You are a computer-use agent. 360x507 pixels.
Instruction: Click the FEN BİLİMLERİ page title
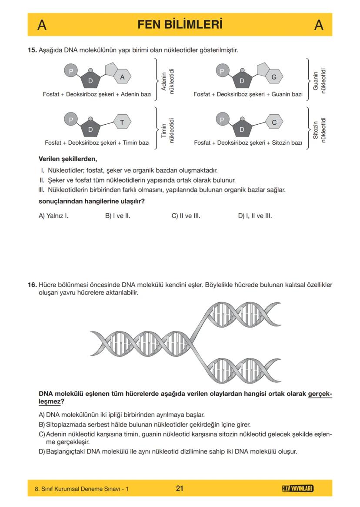(x=180, y=24)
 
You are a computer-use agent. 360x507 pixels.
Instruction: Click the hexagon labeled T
(x=122, y=123)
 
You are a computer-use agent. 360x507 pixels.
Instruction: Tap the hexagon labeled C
(x=274, y=123)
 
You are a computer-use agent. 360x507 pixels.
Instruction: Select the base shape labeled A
(x=122, y=77)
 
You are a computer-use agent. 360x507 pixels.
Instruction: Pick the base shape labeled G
(x=274, y=77)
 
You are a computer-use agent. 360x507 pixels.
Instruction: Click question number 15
(x=33, y=50)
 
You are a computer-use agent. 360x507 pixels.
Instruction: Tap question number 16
(x=33, y=285)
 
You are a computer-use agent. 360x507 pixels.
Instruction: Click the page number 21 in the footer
(x=180, y=489)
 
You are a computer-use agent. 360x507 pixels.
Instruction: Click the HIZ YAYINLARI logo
(x=298, y=489)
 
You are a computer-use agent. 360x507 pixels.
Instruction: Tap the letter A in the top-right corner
(x=318, y=25)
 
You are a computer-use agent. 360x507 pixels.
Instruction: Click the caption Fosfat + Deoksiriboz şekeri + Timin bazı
(x=97, y=142)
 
